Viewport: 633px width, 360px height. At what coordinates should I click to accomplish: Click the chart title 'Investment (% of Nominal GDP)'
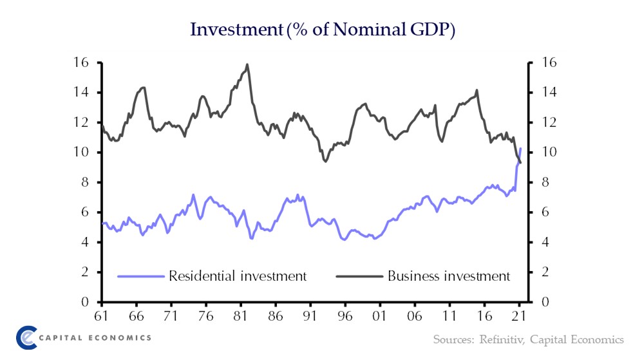click(323, 30)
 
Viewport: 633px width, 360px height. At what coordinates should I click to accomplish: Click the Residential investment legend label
click(237, 276)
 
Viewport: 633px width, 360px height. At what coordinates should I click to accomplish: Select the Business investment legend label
click(448, 276)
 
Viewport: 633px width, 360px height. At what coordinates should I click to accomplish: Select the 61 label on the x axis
click(101, 317)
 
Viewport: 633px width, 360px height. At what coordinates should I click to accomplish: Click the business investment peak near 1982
click(247, 64)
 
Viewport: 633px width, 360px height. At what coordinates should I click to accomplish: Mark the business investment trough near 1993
click(325, 161)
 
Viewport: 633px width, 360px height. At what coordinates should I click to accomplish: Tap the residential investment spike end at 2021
click(520, 149)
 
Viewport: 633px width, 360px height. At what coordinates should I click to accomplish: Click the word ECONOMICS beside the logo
click(121, 337)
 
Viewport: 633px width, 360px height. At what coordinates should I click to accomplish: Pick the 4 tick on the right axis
click(538, 242)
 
